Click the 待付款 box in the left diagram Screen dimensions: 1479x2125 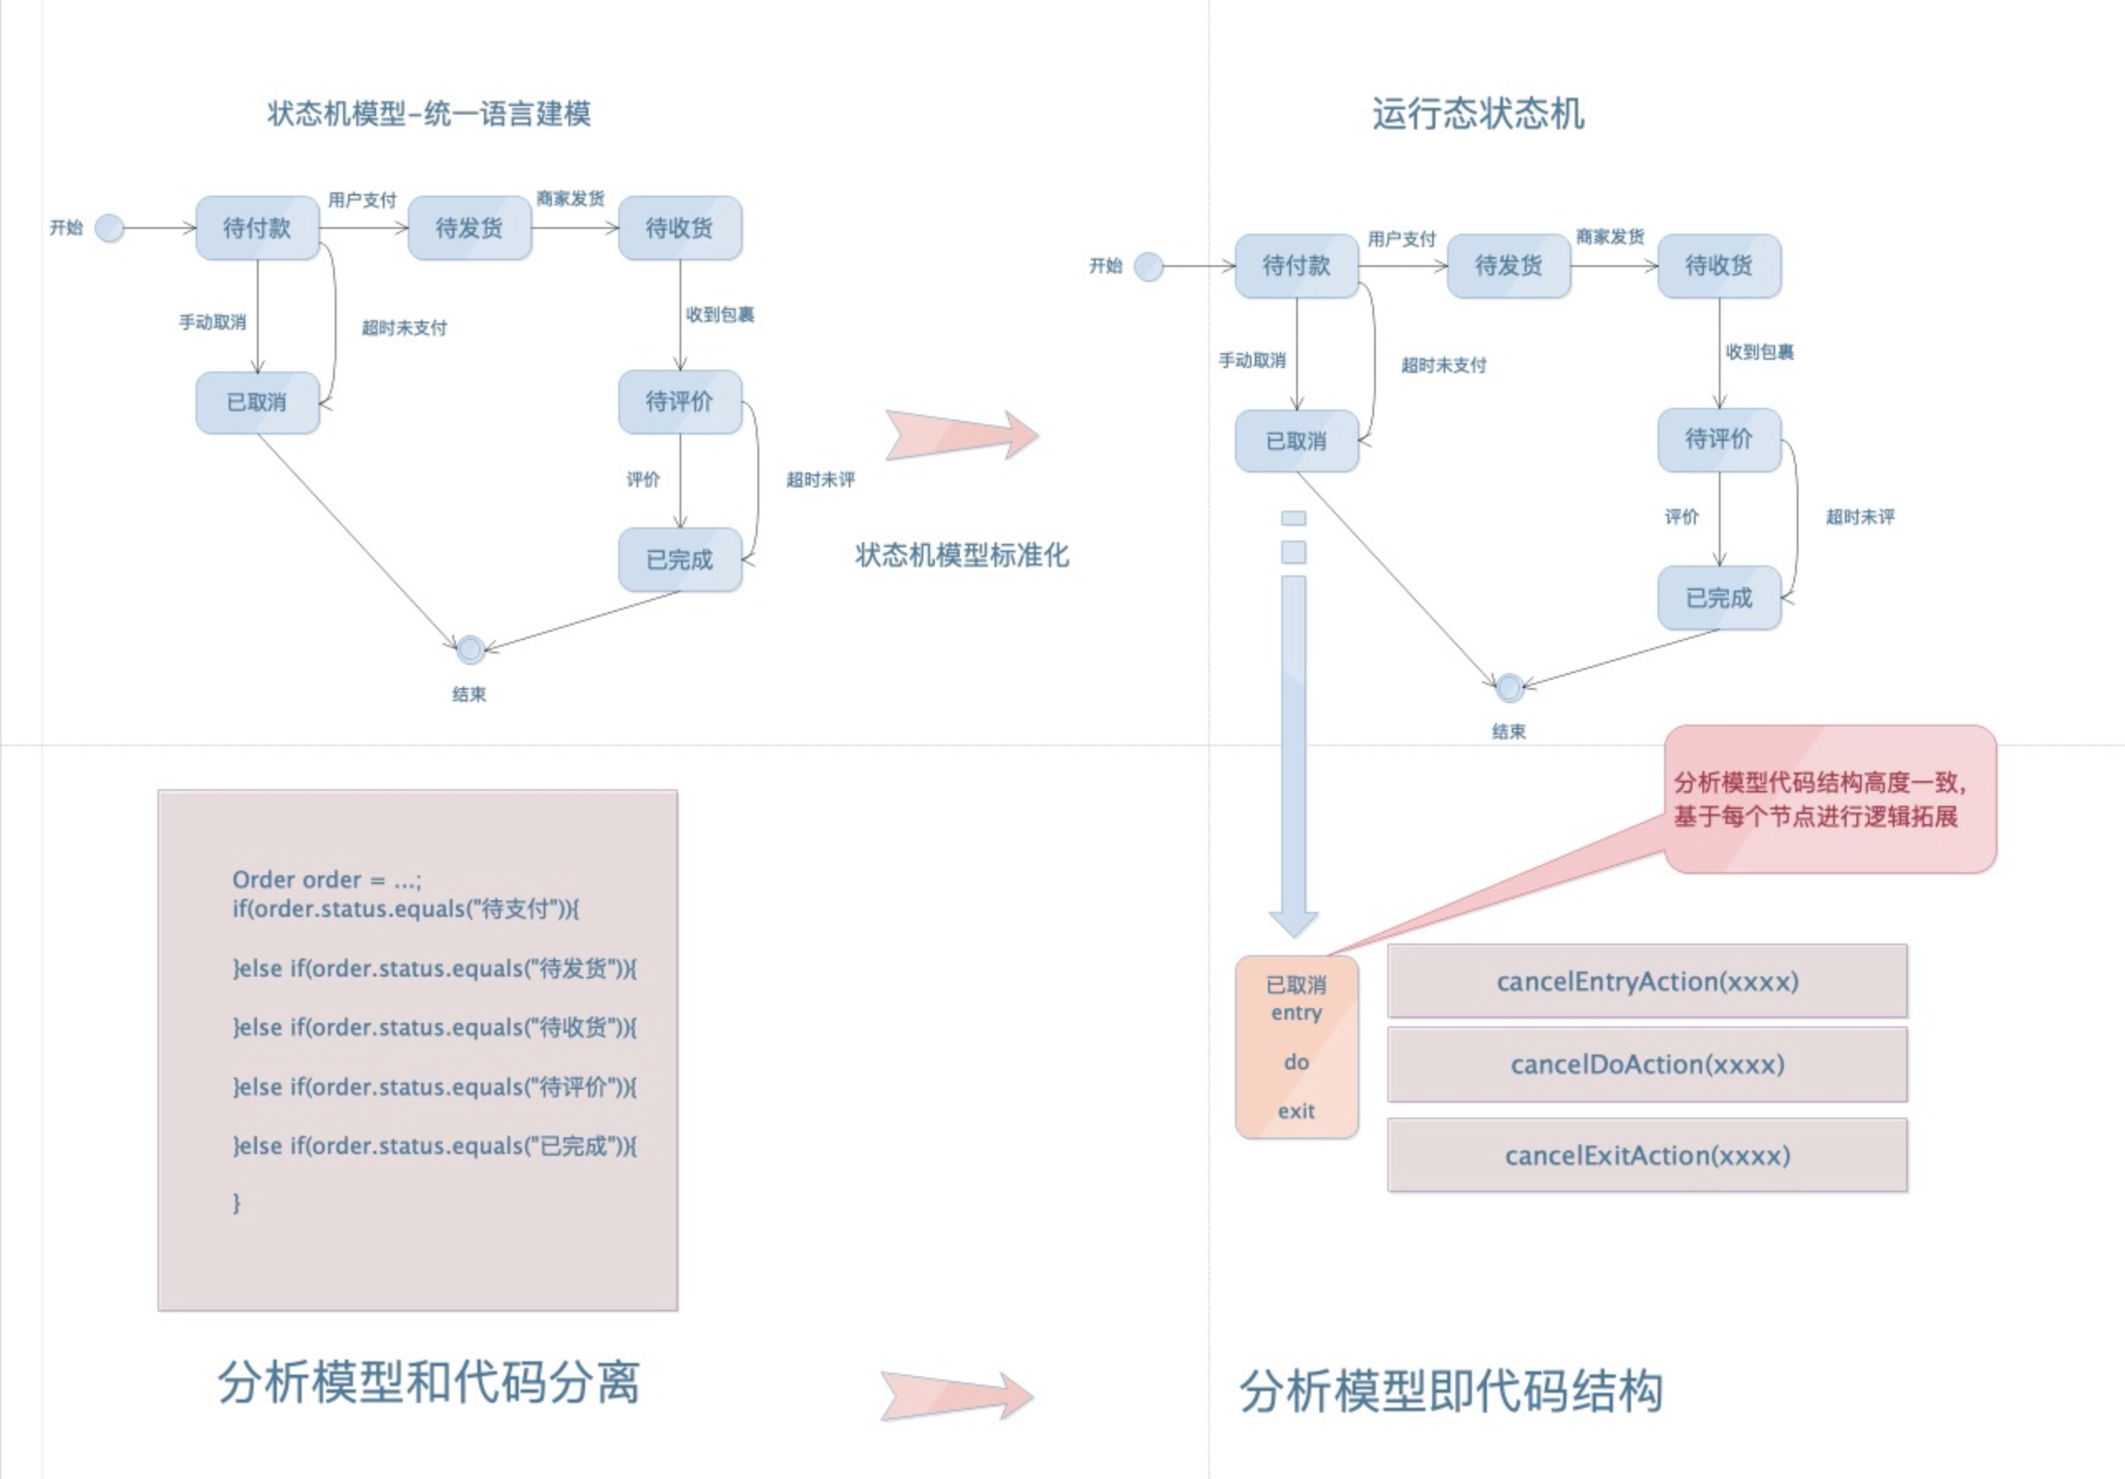[257, 228]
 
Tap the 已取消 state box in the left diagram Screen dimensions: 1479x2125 [257, 403]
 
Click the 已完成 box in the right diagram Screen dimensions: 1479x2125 [1719, 598]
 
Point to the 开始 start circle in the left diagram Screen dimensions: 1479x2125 [109, 228]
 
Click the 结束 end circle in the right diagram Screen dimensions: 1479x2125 [1508, 687]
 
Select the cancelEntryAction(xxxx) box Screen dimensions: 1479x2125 [1647, 981]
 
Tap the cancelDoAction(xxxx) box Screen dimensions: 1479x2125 [1647, 1064]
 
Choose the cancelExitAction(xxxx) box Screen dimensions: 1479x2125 [1647, 1155]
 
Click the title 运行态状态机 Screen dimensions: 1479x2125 [1477, 114]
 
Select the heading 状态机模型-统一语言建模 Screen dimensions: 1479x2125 [428, 114]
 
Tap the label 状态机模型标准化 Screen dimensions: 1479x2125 [961, 555]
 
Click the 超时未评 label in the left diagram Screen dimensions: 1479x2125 [820, 479]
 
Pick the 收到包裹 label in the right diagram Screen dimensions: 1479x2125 [1759, 352]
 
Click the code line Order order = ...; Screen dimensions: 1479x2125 [327, 880]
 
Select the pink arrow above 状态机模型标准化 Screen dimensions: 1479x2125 [961, 434]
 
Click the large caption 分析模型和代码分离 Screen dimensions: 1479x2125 [428, 1384]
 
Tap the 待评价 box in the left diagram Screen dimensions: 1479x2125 [680, 402]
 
